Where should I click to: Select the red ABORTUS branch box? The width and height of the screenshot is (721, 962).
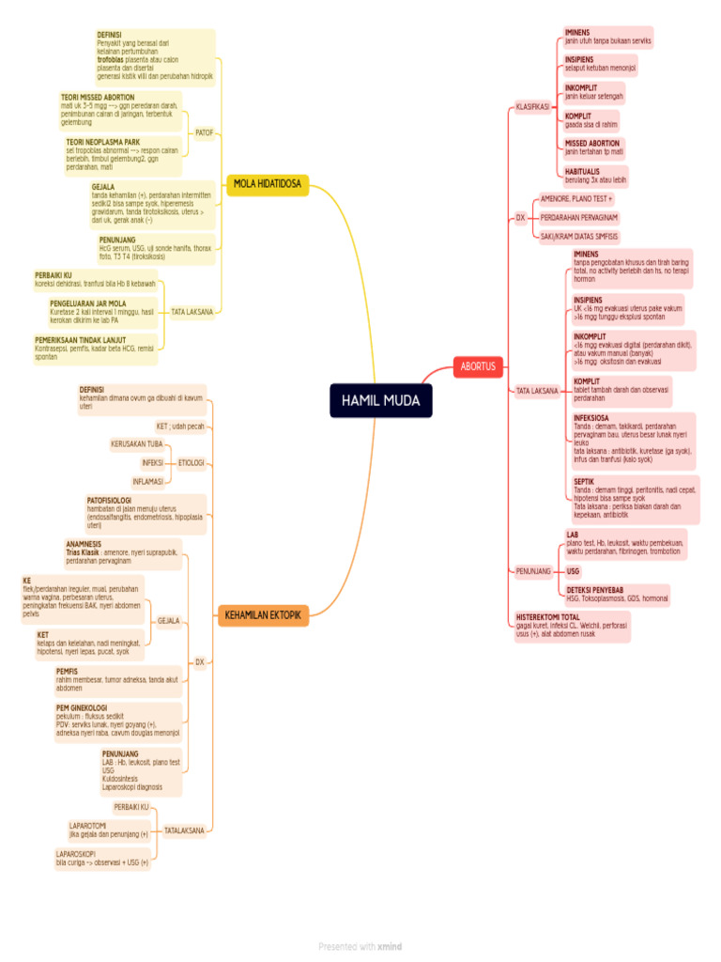tap(478, 365)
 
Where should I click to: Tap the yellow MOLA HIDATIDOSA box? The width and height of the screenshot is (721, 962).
tap(268, 184)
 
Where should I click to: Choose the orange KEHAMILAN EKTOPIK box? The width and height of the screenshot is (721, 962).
tap(263, 615)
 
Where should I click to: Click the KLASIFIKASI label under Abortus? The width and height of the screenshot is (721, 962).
tap(532, 107)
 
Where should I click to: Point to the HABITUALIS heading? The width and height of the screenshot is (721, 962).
tap(582, 172)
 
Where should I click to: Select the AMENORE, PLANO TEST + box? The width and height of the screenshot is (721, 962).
tap(576, 199)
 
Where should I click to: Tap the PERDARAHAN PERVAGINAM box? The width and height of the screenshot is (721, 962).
tap(578, 218)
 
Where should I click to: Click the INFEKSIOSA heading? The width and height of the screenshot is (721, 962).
tap(591, 416)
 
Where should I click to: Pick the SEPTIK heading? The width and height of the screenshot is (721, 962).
tap(584, 481)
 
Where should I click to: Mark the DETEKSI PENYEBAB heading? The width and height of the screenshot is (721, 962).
tap(597, 589)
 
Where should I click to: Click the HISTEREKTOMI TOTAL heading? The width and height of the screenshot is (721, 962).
tap(548, 617)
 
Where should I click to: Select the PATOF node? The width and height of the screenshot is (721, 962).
tap(205, 133)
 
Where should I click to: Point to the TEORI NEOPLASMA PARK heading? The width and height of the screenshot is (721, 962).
tap(102, 142)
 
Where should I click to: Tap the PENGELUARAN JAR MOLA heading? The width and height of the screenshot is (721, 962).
tap(88, 303)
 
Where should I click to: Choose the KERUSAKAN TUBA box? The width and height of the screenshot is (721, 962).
tap(137, 443)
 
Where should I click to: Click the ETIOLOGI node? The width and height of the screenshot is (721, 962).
tap(191, 462)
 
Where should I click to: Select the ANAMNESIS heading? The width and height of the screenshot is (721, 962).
tap(84, 544)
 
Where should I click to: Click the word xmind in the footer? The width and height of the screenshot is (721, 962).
tap(390, 947)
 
